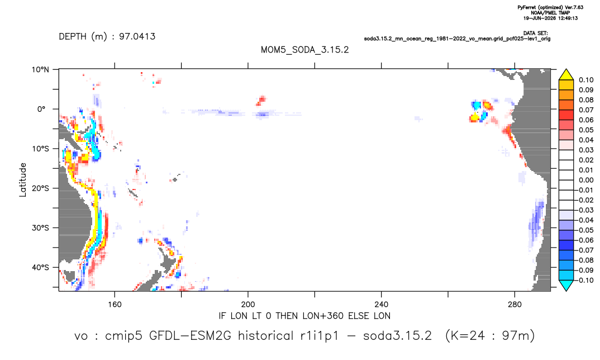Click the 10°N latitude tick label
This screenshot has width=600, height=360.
(40, 70)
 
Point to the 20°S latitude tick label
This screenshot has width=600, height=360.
(40, 188)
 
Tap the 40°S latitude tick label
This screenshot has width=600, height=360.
(40, 267)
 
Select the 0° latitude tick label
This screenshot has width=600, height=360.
(41, 109)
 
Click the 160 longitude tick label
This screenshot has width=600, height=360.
(115, 305)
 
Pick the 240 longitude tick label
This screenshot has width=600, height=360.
(382, 305)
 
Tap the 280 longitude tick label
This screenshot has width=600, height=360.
(515, 305)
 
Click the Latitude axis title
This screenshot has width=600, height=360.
(23, 180)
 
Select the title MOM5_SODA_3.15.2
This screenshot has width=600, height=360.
(305, 50)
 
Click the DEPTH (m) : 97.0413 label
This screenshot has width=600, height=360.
(107, 36)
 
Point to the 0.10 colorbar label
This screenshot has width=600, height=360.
(586, 80)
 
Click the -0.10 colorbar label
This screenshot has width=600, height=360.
(584, 280)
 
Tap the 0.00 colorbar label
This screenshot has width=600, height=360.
(586, 180)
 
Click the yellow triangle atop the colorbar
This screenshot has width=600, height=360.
(566, 75)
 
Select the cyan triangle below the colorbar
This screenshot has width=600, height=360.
(566, 285)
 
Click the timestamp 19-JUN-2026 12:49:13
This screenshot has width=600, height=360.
(551, 18)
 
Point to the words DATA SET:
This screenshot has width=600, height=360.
(535, 34)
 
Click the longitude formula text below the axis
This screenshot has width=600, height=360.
(304, 316)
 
